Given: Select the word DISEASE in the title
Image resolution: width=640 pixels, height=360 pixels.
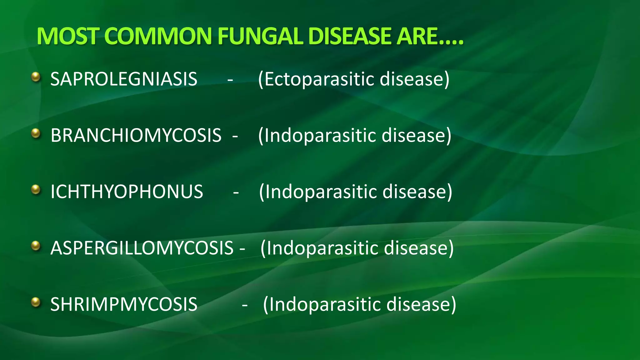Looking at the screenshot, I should coord(349,36).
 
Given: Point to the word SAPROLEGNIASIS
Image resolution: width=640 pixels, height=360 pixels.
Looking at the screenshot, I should coord(124,79).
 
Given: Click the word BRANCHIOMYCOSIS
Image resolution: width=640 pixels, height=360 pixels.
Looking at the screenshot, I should coord(136,135).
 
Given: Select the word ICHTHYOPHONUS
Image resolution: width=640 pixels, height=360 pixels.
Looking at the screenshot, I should coord(127,192).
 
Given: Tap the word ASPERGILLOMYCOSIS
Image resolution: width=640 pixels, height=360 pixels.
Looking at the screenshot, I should coord(142,248).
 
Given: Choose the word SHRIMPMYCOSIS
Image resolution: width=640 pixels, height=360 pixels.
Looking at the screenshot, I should coord(124,304).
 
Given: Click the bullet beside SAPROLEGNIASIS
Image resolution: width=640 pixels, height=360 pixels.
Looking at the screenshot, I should coord(36,77).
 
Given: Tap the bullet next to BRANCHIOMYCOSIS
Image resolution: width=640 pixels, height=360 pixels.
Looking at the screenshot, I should coord(36,133).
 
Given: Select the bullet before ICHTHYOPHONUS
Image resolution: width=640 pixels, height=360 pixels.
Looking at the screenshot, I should coord(36,190).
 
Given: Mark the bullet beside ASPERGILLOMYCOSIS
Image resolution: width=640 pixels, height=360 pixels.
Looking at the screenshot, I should coord(36,246).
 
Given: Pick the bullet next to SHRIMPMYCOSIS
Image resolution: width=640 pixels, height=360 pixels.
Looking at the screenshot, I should coord(36,302).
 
